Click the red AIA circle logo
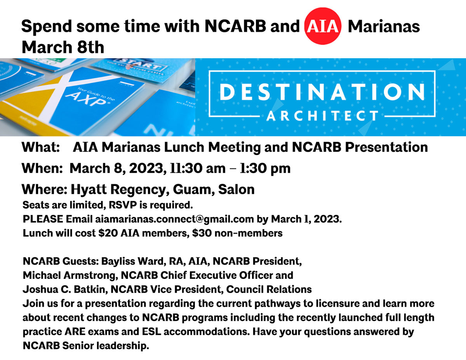pos(323,26)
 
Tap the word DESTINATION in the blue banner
pos(322,92)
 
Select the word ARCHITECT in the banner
pos(322,116)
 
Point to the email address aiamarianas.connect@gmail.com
pos(174,219)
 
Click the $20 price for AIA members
pos(108,233)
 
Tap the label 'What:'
pos(40,147)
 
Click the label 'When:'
pos(42,168)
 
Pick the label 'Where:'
pos(45,190)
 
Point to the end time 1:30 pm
pos(265,168)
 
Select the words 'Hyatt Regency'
pos(118,190)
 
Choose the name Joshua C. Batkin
pos(65,289)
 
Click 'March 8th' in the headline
pos(63,47)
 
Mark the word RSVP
pos(123,205)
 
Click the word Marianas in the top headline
pos(384,26)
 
